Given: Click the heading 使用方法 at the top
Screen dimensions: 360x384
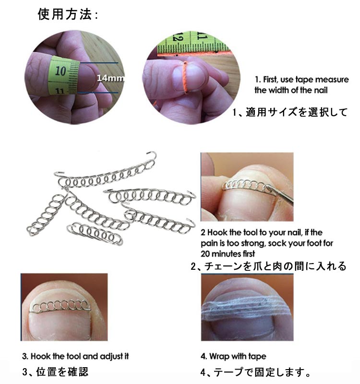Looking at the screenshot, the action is tap(65, 14).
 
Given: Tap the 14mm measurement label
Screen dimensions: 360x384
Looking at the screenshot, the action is tap(111, 78).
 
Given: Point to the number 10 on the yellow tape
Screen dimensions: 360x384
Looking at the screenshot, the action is tap(60, 71).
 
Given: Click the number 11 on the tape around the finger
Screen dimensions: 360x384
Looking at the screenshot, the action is tap(60, 91).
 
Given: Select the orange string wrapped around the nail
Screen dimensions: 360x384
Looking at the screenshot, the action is tap(185, 77).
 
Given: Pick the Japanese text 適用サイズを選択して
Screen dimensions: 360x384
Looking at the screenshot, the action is tap(296, 112).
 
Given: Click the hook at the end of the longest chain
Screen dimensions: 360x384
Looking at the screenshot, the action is tap(152, 156).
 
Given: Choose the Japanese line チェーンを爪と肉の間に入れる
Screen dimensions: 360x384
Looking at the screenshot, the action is tap(275, 266).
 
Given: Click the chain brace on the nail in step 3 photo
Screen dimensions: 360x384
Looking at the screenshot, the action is tap(60, 307).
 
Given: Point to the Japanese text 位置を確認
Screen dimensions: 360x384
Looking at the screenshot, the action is tap(62, 372).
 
